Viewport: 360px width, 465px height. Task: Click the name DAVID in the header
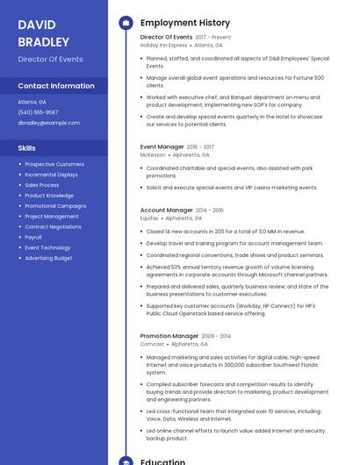(x=37, y=25)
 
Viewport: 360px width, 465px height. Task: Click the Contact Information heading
(x=56, y=86)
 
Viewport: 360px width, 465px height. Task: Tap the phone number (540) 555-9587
(x=38, y=112)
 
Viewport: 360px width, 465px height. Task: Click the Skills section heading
(x=27, y=148)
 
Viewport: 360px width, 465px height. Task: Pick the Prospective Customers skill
(x=54, y=164)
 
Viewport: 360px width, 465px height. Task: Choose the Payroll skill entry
(x=33, y=237)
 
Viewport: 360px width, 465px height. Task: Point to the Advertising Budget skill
(x=48, y=258)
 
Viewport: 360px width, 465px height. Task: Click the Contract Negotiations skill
(x=53, y=226)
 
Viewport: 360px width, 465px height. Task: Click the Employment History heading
(x=185, y=23)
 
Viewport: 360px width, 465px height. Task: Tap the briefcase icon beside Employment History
(x=126, y=23)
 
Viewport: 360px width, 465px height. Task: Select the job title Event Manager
(x=162, y=147)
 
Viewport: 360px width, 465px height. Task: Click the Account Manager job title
(x=166, y=211)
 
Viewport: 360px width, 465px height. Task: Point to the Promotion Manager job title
(x=169, y=336)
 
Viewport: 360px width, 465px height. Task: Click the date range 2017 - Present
(x=213, y=38)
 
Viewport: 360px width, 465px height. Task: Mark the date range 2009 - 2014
(x=216, y=336)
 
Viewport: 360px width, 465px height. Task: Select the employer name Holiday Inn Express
(x=164, y=45)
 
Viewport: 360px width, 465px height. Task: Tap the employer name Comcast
(x=152, y=344)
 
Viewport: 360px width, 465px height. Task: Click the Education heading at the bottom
(x=162, y=461)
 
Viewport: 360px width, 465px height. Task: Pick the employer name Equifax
(x=150, y=218)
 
